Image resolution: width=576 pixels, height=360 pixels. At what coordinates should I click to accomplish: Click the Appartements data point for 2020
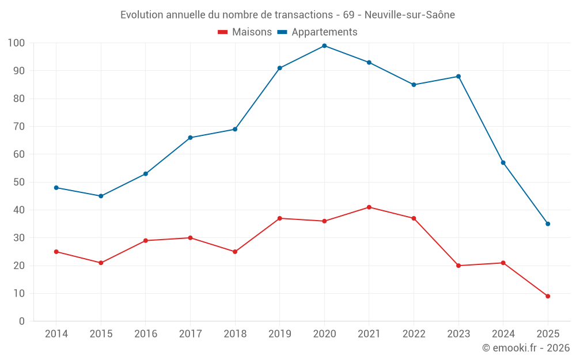324,46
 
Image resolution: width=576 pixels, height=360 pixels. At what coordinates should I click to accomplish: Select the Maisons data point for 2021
369,207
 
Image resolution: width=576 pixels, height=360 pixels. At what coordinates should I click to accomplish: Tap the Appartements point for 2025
548,224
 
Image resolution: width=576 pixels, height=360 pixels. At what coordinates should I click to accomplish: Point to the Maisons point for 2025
548,296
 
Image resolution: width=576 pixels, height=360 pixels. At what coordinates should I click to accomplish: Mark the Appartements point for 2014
56,188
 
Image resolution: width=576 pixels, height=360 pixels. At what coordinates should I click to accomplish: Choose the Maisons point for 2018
235,252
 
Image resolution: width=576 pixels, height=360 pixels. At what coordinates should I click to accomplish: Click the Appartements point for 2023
458,77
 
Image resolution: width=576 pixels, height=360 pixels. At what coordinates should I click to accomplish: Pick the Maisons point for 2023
458,266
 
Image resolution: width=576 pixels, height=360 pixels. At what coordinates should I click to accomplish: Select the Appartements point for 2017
190,138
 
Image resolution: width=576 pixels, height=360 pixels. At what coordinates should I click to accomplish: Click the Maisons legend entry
245,32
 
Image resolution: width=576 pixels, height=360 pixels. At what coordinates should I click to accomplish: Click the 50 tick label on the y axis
19,182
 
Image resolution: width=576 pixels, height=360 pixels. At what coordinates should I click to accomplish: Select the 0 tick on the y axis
22,321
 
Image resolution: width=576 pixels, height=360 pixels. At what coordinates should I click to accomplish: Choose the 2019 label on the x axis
280,334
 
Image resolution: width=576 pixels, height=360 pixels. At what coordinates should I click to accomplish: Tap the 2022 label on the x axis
414,334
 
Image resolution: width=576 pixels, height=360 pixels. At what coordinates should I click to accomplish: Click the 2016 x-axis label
146,334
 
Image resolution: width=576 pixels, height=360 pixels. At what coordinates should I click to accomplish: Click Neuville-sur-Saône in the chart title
410,15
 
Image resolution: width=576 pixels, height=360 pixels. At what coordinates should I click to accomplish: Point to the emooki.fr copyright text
526,348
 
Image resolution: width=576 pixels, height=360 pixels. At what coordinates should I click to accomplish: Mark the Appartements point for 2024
503,162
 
